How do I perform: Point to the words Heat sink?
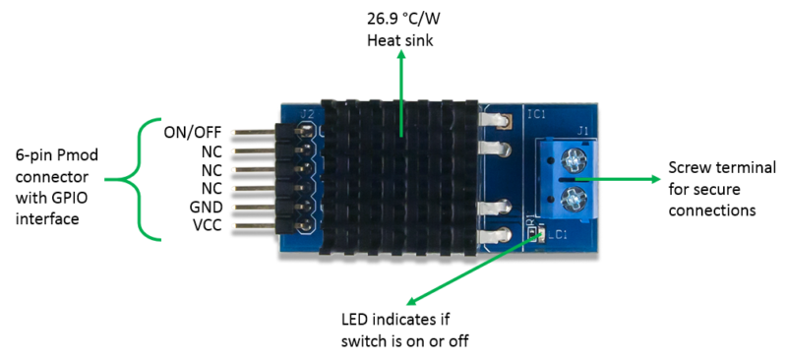400,40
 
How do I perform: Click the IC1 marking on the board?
537,114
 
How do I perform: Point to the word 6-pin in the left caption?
32,155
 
